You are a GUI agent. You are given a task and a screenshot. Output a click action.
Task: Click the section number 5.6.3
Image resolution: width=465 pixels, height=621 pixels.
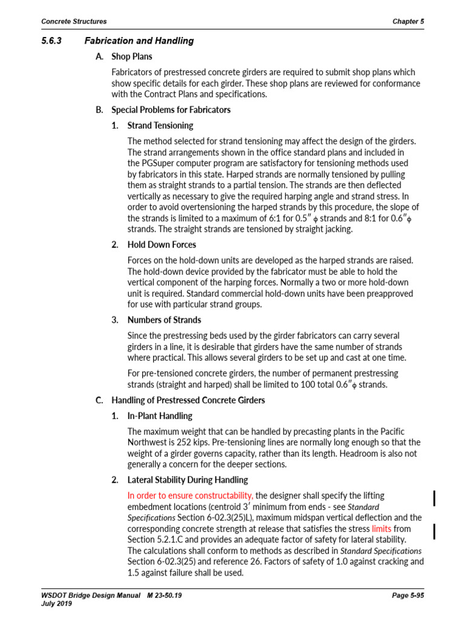click(53, 41)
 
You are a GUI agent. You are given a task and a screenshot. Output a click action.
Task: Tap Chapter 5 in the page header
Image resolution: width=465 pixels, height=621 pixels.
click(408, 21)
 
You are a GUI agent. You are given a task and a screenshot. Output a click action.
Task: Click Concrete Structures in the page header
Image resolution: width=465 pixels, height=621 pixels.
click(74, 21)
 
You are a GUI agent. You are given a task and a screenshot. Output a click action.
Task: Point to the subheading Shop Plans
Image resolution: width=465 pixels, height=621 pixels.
click(131, 56)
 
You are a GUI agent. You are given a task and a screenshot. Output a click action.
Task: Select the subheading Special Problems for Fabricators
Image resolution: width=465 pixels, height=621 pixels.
click(171, 110)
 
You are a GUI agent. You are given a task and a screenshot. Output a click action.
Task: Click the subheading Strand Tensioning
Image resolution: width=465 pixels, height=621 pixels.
click(160, 126)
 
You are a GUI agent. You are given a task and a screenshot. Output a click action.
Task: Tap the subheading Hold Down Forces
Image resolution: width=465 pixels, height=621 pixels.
click(162, 244)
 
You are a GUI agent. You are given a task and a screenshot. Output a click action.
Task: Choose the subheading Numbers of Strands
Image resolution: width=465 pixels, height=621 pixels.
click(164, 320)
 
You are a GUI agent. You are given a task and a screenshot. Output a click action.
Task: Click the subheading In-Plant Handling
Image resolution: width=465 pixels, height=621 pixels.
click(160, 416)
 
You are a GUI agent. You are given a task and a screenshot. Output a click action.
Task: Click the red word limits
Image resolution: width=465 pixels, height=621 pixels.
click(381, 529)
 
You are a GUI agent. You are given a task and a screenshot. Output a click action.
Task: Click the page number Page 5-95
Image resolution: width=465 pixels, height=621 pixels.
click(407, 596)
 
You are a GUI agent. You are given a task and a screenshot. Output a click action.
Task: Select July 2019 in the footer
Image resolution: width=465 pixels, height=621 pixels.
click(56, 605)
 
